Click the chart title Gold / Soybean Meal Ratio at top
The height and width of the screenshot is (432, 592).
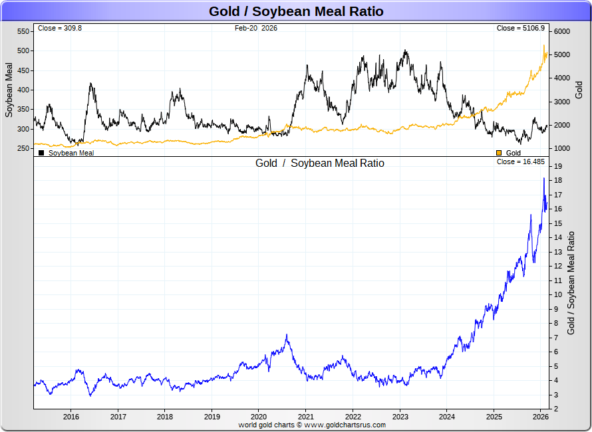[x=296, y=11]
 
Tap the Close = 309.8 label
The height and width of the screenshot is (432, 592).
[x=60, y=29]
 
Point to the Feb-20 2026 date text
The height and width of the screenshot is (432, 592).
[x=256, y=29]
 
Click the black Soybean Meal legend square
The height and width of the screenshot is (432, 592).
[x=41, y=153]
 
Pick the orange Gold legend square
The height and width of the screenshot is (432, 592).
[x=499, y=153]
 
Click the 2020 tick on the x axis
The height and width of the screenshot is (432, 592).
[x=258, y=417]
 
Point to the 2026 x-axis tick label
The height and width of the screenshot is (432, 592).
[x=540, y=417]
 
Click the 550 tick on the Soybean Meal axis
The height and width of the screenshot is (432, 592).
[x=23, y=31]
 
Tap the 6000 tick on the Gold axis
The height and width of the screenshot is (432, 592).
[x=563, y=31]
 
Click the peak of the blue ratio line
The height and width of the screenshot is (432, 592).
[x=544, y=178]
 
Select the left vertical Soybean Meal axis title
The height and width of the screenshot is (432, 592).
[x=9, y=90]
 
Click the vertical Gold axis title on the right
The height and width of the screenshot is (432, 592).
[x=579, y=90]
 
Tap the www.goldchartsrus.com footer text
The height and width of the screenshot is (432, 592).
[x=345, y=424]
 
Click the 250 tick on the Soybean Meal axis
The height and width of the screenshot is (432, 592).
[x=23, y=149]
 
